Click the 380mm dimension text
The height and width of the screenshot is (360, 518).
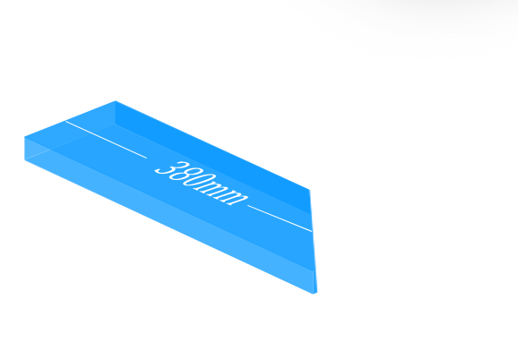coord(201,184)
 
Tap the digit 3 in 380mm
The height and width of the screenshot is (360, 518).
coord(166,169)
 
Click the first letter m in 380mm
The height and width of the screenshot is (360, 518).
coord(212,191)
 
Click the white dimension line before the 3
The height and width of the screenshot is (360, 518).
coord(106,140)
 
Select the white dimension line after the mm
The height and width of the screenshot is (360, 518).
coord(280,219)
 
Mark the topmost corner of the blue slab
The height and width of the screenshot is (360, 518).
coord(116,100)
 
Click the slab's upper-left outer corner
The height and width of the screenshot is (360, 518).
coord(25,137)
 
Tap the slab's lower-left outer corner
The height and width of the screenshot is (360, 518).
coord(25,160)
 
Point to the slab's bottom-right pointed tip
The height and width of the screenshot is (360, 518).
coord(314,294)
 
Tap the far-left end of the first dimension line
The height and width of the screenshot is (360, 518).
coord(65,121)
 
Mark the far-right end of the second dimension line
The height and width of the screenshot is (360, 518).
coord(312,231)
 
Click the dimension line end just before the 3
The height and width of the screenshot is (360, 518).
coord(147,159)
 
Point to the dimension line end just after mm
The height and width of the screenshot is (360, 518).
coord(247,205)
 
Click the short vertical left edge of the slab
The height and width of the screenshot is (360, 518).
coord(25,149)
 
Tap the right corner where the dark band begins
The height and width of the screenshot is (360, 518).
coord(309,190)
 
